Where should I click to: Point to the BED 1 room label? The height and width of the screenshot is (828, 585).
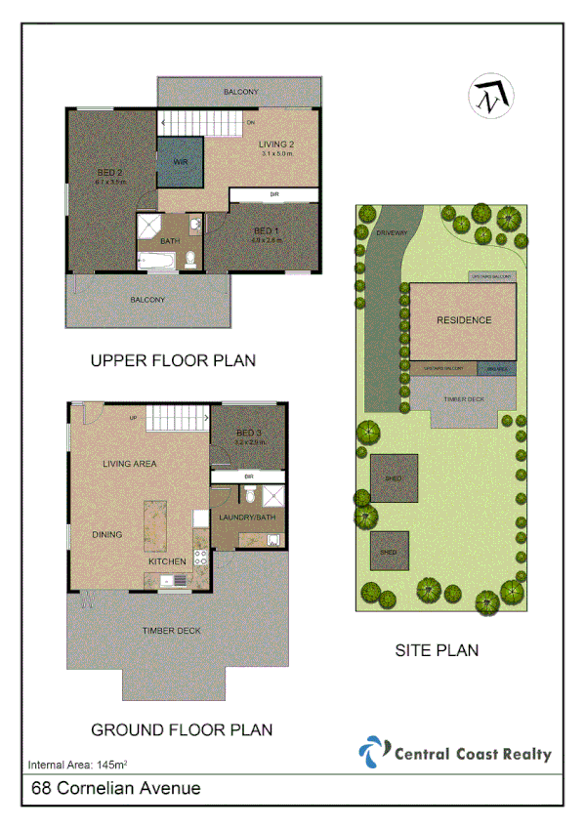[266, 230]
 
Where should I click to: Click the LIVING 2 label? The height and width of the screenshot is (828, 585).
[276, 145]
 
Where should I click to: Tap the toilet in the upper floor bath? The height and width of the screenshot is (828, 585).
[192, 259]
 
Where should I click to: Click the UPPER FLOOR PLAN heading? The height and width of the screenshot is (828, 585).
[173, 360]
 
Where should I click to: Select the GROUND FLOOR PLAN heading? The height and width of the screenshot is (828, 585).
[182, 729]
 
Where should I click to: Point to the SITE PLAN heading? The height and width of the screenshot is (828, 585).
[437, 649]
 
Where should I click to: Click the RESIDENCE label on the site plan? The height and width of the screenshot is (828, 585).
[464, 319]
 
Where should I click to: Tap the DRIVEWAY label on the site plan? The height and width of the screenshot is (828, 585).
[391, 232]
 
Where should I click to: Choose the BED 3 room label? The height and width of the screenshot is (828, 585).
[249, 433]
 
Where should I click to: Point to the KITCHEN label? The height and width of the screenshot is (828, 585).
[167, 562]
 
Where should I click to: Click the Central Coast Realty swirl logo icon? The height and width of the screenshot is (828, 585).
[373, 753]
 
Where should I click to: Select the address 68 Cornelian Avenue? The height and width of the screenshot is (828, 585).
[116, 788]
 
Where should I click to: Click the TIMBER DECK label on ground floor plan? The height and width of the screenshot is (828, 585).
[171, 631]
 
